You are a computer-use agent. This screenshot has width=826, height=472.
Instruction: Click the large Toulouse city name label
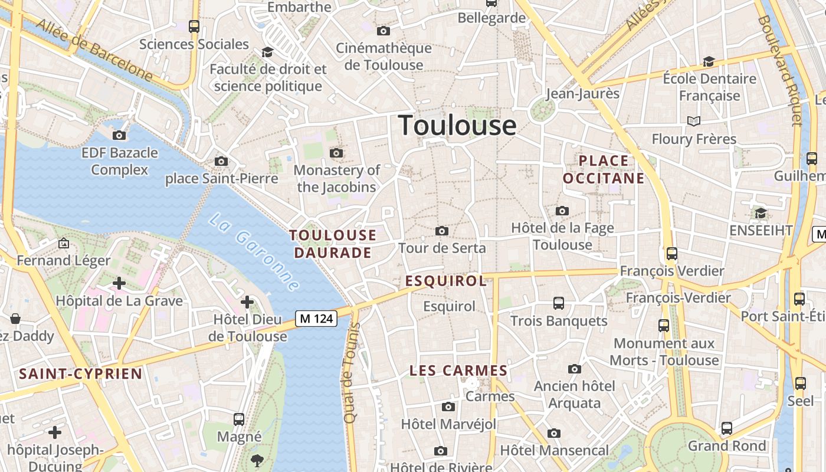tap(457, 125)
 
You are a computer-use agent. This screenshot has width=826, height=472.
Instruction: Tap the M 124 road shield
tap(316, 319)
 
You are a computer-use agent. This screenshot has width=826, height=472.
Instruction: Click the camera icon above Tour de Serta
tap(441, 231)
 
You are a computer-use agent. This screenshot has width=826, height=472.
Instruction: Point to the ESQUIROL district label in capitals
tap(446, 281)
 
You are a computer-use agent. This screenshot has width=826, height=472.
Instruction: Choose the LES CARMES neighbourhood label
tap(458, 371)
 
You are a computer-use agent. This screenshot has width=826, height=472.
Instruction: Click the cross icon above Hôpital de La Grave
tap(119, 283)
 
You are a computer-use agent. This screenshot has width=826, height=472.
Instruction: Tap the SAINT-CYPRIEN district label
tap(81, 373)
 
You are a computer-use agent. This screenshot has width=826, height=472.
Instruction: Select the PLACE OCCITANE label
tap(604, 169)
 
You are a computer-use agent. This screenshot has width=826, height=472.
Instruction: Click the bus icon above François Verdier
tap(671, 254)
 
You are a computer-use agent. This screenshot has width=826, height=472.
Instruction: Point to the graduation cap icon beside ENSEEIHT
tap(761, 213)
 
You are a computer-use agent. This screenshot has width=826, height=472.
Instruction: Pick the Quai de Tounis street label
tap(352, 373)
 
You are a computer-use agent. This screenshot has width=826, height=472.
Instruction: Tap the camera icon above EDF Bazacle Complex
tap(119, 136)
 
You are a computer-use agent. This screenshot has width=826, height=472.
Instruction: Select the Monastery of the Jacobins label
tap(337, 179)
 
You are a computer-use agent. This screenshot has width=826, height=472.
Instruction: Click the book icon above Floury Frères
tap(694, 122)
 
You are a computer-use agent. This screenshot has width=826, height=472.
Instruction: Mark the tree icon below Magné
tap(257, 460)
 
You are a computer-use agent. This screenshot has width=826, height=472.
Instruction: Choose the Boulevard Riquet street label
tap(781, 71)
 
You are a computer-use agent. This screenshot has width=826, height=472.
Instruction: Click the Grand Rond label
tap(727, 446)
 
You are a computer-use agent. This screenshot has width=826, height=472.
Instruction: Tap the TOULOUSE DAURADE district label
tap(333, 244)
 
